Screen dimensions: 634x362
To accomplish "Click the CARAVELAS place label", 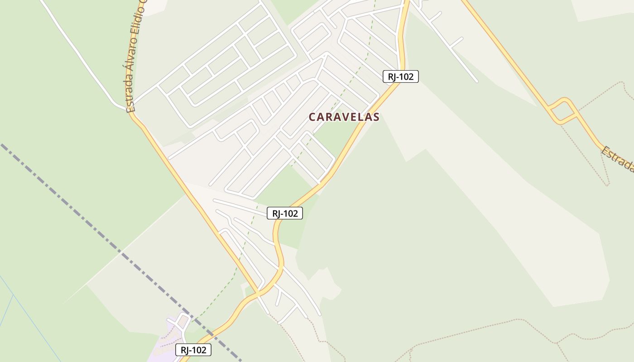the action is point(344,117).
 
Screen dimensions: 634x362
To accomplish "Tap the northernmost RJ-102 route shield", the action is point(400,76).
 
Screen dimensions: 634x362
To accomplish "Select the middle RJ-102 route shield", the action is point(284,213).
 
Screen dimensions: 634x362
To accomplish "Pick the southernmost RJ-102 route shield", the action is point(193,350).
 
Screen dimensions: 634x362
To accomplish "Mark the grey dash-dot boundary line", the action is point(91,222).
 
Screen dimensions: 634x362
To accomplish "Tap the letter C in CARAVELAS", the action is point(312,117).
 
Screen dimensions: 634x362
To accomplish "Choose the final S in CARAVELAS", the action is point(376,117).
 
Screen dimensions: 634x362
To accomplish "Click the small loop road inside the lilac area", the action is point(183,321).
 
